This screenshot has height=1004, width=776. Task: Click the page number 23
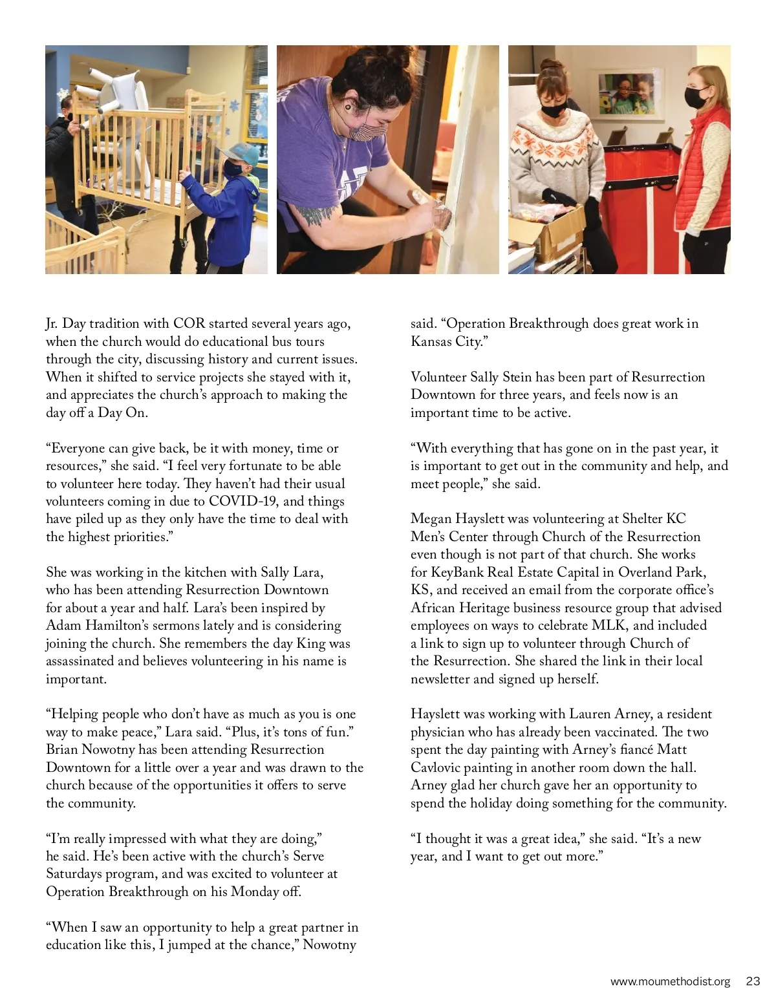[753, 981]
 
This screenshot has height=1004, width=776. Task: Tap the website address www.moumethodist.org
[670, 981]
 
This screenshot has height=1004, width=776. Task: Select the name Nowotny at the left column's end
[330, 945]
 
